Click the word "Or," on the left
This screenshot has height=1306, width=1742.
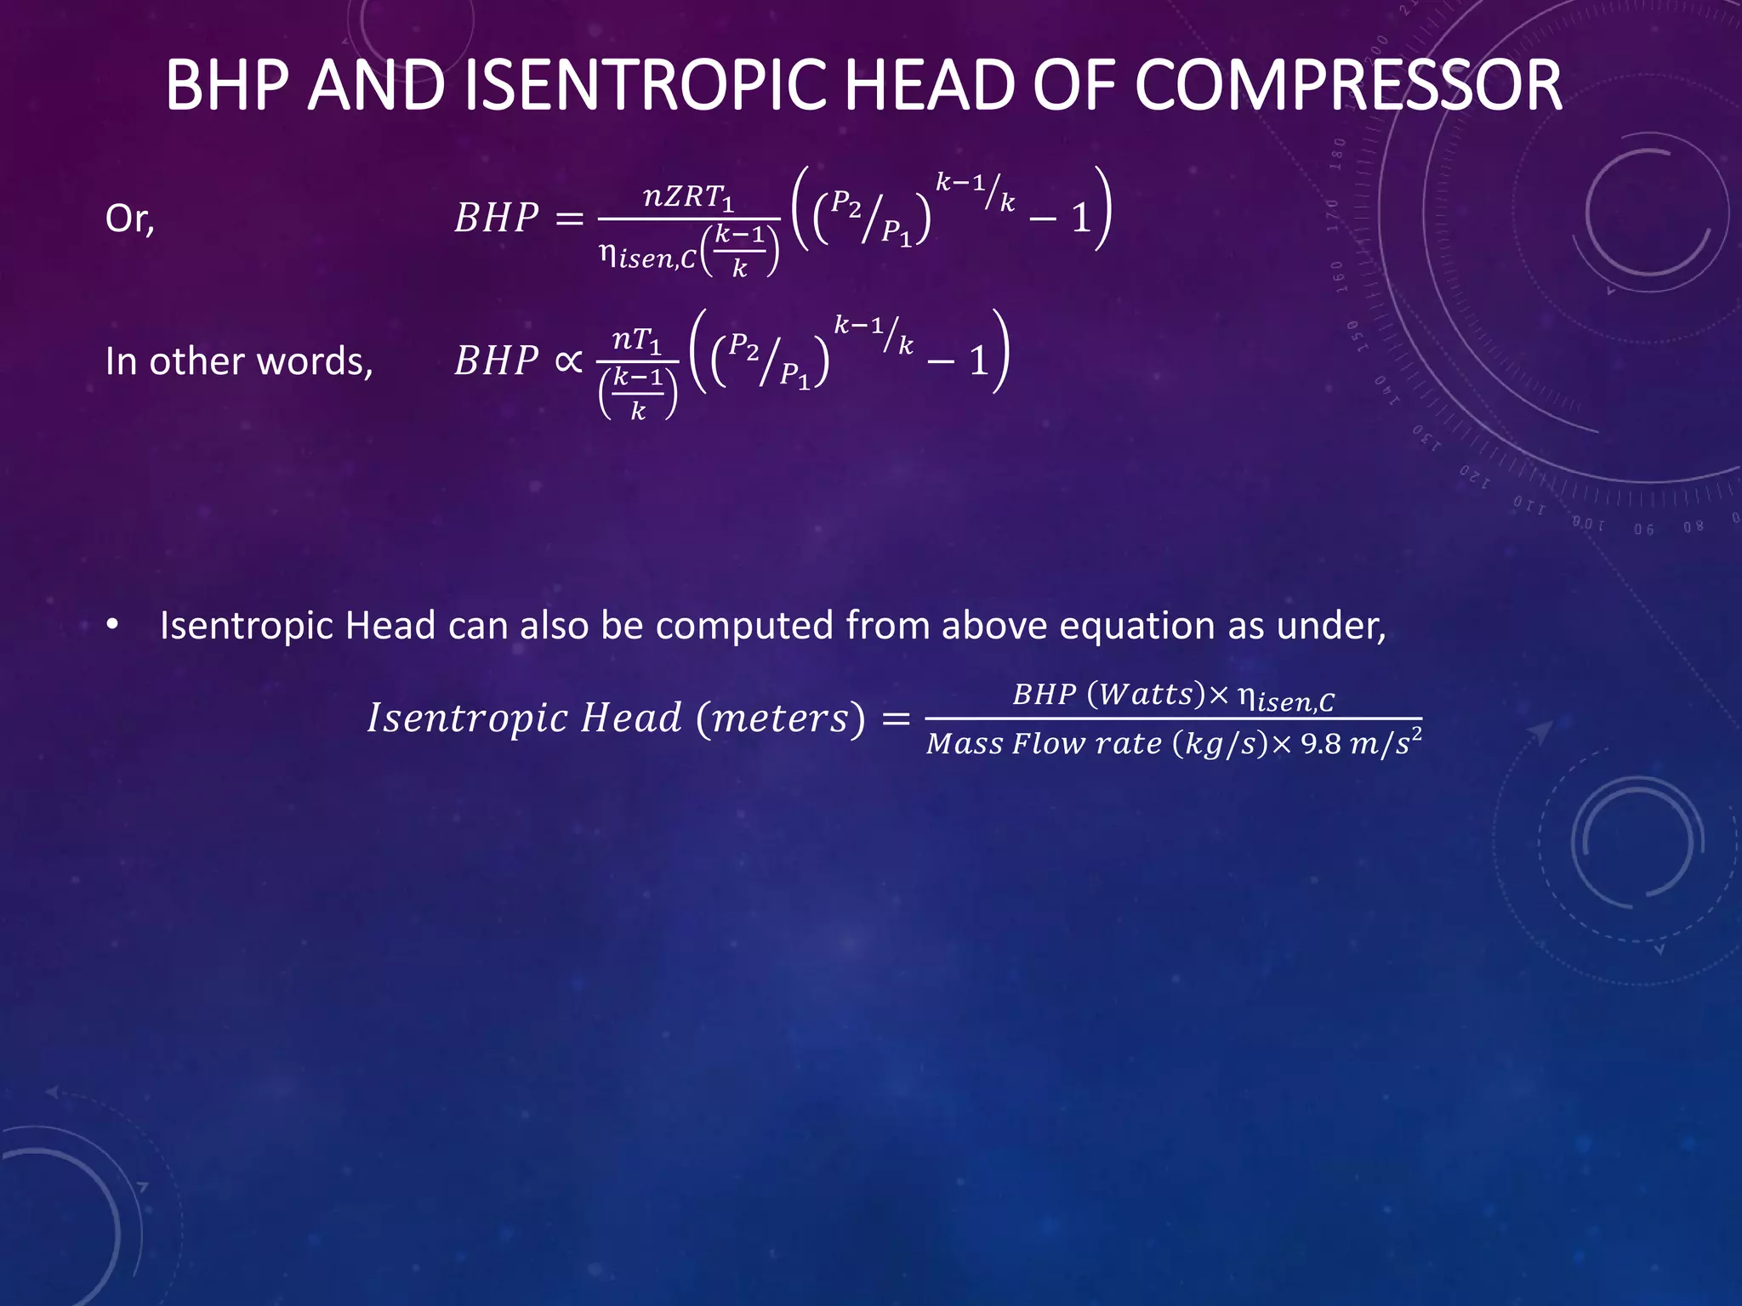[x=129, y=219]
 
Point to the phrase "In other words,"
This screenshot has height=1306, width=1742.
[x=239, y=362]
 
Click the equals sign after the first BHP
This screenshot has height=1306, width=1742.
[x=569, y=219]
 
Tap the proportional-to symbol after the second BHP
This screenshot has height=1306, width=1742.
[x=568, y=361]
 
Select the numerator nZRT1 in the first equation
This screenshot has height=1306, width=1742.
[x=688, y=197]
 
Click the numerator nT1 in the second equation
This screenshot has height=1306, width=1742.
[x=636, y=340]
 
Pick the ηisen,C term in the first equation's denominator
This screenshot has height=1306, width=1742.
[x=647, y=255]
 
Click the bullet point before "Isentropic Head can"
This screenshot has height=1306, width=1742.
[x=112, y=626]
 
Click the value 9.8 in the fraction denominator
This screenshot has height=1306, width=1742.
[x=1320, y=744]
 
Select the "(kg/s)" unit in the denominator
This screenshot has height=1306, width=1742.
[x=1221, y=744]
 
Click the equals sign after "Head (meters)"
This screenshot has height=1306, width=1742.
[x=896, y=718]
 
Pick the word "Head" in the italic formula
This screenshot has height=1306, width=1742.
[x=630, y=718]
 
